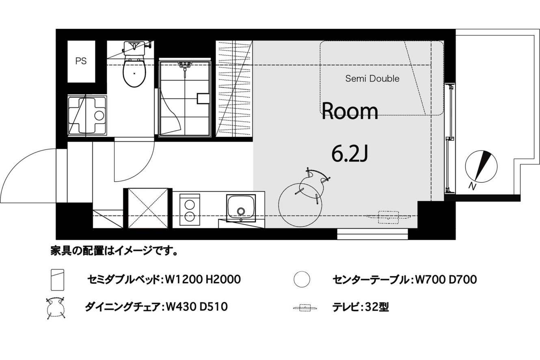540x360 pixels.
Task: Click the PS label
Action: point(81,61)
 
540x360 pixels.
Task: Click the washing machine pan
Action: point(87,116)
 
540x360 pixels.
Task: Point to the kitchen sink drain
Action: point(241,211)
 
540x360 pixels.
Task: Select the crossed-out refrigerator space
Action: point(148,208)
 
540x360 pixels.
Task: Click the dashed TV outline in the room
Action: point(388,217)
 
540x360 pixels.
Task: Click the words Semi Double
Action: point(372,79)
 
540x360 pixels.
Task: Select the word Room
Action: point(350,111)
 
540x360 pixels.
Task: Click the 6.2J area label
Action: point(350,154)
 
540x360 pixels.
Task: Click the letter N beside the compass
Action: point(473,186)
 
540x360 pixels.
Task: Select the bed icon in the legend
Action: point(58,280)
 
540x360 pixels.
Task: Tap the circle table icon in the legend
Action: point(302,279)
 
